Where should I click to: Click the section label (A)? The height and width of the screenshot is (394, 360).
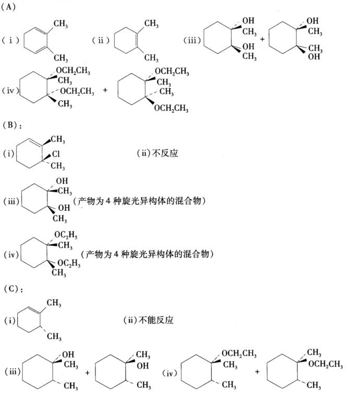pyautogui.click(x=8, y=7)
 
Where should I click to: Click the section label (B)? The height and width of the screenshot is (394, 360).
pyautogui.click(x=10, y=125)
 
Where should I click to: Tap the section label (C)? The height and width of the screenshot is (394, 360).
pyautogui.click(x=11, y=289)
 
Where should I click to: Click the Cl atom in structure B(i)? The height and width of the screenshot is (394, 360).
pyautogui.click(x=56, y=154)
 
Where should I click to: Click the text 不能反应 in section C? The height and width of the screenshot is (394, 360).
pyautogui.click(x=156, y=320)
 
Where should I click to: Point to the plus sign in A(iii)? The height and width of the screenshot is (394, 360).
pyautogui.click(x=262, y=39)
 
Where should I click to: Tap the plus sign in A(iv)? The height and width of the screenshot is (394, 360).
pyautogui.click(x=105, y=90)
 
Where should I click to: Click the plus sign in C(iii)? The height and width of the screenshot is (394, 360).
pyautogui.click(x=88, y=373)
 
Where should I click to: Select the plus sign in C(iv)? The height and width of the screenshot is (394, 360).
pyautogui.click(x=257, y=372)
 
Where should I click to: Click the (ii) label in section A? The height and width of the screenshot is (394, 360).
pyautogui.click(x=101, y=40)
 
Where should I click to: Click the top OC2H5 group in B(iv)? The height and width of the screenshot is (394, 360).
pyautogui.click(x=66, y=235)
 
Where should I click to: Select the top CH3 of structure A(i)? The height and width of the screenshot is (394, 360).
pyautogui.click(x=61, y=24)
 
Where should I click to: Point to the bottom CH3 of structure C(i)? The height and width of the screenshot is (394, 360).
pyautogui.click(x=54, y=336)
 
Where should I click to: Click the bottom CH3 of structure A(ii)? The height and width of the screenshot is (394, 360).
pyautogui.click(x=151, y=58)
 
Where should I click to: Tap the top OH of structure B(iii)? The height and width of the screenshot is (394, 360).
pyautogui.click(x=62, y=181)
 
